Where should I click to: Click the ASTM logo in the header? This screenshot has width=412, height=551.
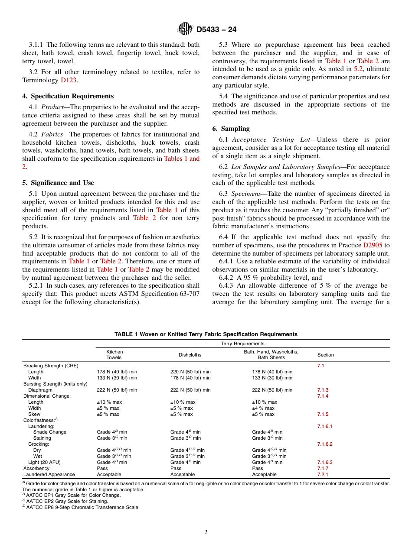tap(185, 29)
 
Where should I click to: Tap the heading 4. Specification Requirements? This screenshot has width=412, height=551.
tap(68, 96)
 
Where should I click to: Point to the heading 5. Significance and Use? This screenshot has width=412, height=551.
tap(58, 183)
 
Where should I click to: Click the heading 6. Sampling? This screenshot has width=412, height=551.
tap(231, 129)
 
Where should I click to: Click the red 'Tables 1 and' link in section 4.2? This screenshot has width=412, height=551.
tap(182, 159)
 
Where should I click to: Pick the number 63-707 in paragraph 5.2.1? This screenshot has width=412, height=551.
tap(188, 294)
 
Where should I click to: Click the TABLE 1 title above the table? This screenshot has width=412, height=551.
tap(206, 334)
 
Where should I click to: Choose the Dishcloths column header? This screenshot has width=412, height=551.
tap(190, 355)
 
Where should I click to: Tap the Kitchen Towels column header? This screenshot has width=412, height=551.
tap(114, 355)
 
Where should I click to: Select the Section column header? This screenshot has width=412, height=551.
tap(325, 355)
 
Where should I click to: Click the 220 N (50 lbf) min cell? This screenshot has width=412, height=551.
tap(190, 372)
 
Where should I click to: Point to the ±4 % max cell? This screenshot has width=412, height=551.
tap(263, 408)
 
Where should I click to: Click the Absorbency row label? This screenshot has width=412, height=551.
tap(36, 468)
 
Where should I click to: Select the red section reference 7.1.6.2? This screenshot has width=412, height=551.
tap(324, 444)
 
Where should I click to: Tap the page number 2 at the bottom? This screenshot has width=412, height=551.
tap(206, 532)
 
